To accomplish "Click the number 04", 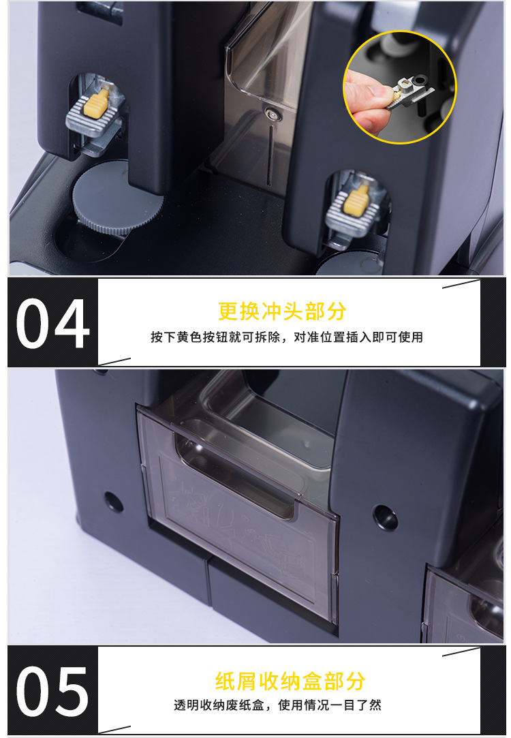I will point(52,322).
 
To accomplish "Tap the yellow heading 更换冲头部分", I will point(282,311).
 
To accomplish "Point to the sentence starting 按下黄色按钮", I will point(286,337).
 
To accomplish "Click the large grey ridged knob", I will point(117,198).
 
